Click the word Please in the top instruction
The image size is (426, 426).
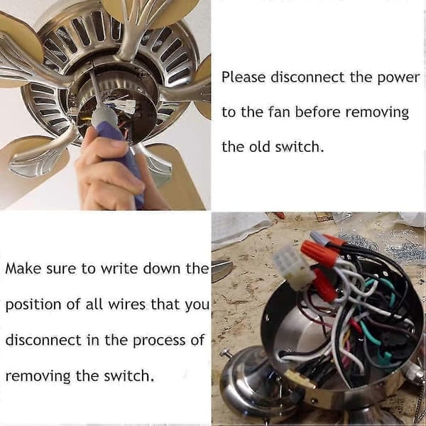244,77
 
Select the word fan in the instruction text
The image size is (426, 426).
279,112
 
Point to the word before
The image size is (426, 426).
317,112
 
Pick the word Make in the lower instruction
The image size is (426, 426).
23,268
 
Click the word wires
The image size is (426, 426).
127,305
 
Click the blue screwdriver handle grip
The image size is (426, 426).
121,152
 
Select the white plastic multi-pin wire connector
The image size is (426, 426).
293,268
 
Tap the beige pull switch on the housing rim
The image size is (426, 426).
300,378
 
